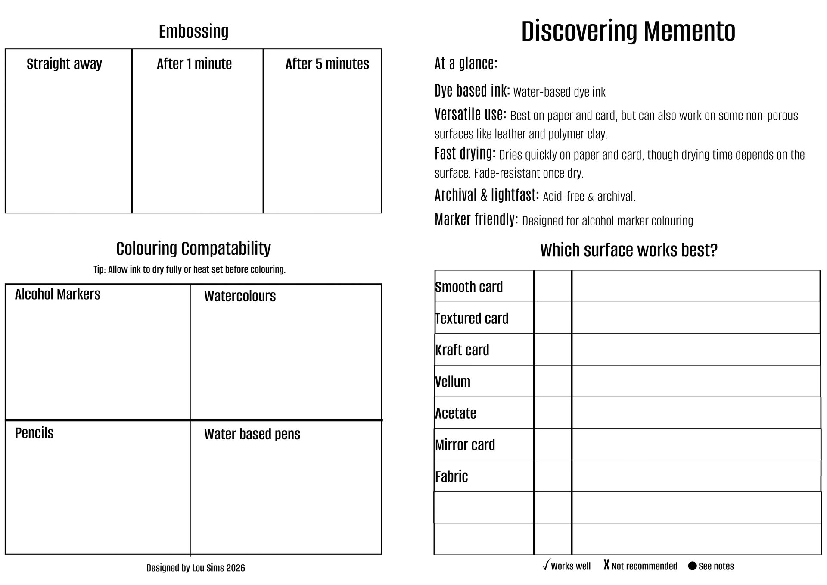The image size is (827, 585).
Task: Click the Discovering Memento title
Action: tap(628, 31)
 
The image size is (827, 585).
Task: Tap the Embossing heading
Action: tap(193, 31)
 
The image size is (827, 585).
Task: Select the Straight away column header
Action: tap(64, 64)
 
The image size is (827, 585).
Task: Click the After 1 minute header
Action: tap(194, 64)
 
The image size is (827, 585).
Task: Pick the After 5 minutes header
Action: tap(327, 64)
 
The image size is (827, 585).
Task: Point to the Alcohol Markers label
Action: tap(57, 294)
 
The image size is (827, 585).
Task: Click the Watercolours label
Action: tap(240, 296)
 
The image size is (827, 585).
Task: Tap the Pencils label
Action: tap(34, 433)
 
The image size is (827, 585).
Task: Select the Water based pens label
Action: tap(252, 434)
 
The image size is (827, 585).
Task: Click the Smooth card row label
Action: tap(469, 287)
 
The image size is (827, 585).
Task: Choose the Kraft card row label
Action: tap(462, 350)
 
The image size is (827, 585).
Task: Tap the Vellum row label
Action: tap(453, 382)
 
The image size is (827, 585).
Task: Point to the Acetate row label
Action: tap(456, 413)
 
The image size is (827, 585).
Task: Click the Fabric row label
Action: tap(451, 476)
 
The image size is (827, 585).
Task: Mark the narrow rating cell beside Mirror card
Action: tap(553, 444)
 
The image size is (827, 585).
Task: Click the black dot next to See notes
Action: tap(692, 566)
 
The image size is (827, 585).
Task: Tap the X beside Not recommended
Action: tap(606, 565)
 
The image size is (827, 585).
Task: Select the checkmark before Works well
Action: tap(546, 565)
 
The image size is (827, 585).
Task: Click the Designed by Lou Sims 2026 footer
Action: tap(196, 568)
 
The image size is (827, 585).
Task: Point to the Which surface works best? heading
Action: tap(629, 250)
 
